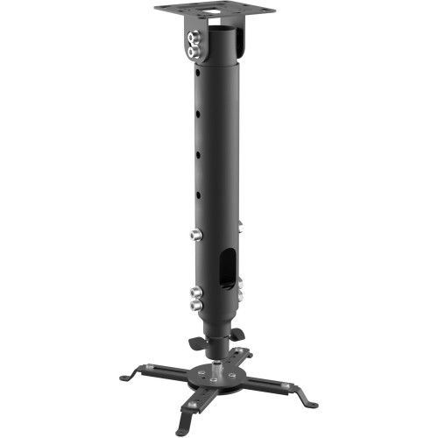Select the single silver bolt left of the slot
tap(194, 234)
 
